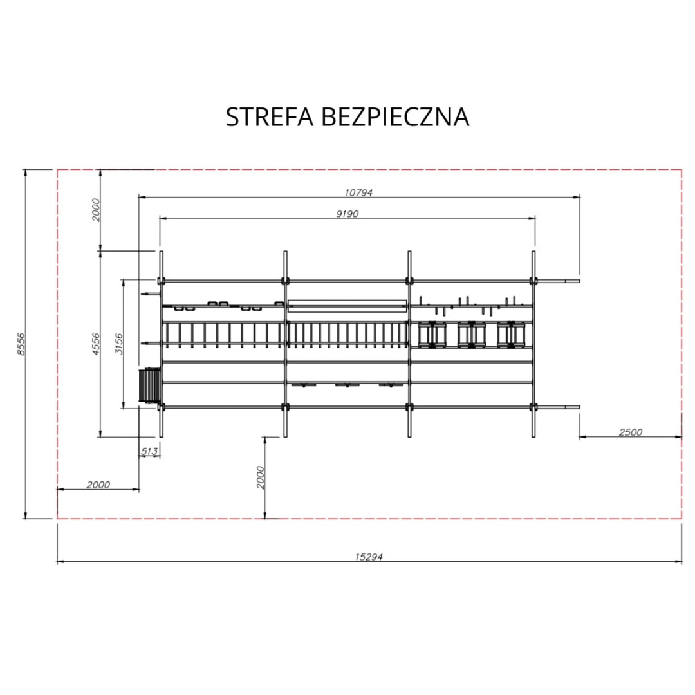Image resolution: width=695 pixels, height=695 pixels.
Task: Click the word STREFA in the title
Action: (270, 117)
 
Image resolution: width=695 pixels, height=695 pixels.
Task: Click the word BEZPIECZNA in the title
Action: (394, 117)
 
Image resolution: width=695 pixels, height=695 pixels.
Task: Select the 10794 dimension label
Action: (358, 192)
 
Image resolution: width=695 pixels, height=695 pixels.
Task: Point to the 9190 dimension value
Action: (347, 214)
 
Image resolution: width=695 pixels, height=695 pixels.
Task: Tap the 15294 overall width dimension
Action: (369, 557)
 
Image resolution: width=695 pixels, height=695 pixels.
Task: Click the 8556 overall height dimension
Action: (21, 344)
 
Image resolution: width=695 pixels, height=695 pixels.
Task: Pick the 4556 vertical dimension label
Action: (96, 344)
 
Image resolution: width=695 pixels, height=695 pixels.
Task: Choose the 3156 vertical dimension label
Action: (119, 344)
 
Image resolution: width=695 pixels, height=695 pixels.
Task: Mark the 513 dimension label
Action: (149, 451)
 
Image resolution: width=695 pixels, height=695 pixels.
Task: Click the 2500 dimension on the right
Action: (630, 432)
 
